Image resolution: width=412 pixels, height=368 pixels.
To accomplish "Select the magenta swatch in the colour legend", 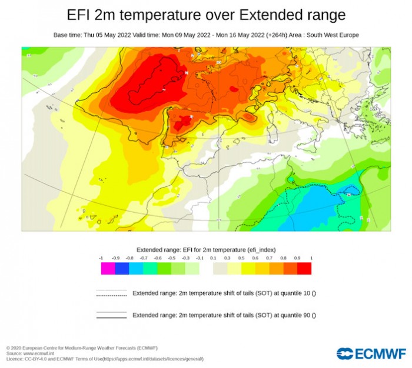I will [108, 269].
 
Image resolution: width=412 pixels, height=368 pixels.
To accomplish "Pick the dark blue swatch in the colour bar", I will [122, 269].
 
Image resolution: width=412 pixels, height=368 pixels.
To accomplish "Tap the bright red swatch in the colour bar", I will [304, 269].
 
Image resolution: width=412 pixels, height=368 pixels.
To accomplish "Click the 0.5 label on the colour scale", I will [241, 258].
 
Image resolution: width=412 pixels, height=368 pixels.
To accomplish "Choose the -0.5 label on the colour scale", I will [171, 258].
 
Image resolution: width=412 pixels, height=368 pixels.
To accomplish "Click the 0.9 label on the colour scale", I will [297, 258].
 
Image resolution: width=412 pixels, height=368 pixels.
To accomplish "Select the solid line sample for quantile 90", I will [111, 315].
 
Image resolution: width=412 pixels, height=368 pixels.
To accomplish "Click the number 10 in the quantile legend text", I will [308, 293].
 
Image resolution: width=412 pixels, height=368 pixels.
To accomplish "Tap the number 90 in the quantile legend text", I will [308, 315].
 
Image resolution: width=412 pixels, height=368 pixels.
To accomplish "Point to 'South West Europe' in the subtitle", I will [334, 35].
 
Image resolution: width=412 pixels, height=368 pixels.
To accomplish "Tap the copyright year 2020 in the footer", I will [16, 348].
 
